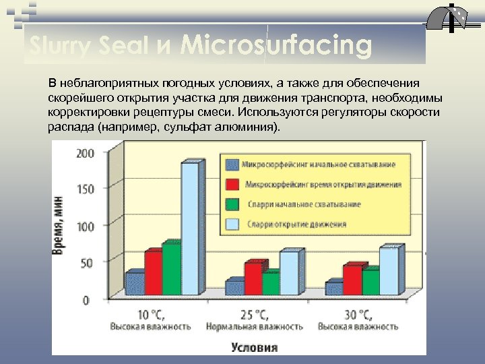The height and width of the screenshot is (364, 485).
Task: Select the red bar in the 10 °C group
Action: tap(154, 272)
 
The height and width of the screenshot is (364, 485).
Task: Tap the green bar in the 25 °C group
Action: tap(271, 283)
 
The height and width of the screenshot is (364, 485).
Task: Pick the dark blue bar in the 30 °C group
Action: tap(333, 289)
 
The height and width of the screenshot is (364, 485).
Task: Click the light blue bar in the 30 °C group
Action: tap(389, 271)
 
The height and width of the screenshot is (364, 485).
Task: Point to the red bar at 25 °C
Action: tap(253, 278)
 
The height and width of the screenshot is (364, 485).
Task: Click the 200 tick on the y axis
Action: tap(86, 153)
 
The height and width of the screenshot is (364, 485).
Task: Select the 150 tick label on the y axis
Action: tap(86, 189)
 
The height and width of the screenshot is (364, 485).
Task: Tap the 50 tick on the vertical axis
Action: tap(88, 263)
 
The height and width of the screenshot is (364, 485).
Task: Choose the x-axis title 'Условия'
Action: tap(254, 348)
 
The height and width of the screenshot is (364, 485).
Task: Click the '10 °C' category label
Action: tap(151, 315)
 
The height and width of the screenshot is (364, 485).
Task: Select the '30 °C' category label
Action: tap(358, 315)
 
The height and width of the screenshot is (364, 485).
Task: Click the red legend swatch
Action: tap(233, 184)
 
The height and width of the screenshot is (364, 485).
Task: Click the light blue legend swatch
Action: tap(233, 224)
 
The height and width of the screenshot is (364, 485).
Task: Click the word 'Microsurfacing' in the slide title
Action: tap(276, 46)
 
